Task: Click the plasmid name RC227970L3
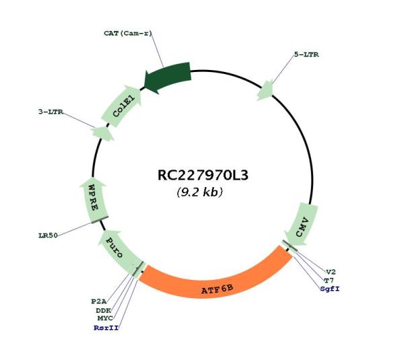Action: (203, 176)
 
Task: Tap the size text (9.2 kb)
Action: (200, 192)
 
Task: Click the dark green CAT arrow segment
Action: (168, 77)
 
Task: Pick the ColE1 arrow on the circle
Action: (122, 106)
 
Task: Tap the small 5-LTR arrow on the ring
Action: (265, 90)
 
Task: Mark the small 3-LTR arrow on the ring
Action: (103, 133)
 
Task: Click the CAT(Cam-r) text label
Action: (128, 34)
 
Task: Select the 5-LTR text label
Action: (306, 55)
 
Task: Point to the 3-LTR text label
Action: (50, 112)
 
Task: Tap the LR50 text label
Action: (48, 236)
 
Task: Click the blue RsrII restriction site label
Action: (106, 328)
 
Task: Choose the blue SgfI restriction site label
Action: (330, 289)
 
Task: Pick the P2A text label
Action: (99, 301)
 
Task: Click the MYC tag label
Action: (105, 318)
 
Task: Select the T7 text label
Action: (329, 281)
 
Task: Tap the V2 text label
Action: (331, 272)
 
